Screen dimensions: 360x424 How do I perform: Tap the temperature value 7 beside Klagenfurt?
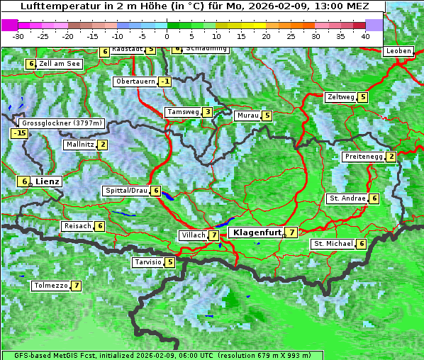coord(291,232)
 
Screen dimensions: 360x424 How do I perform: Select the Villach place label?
coord(192,235)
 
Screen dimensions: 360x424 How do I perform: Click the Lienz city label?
coord(48,181)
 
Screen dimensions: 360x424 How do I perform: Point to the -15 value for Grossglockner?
coord(18,133)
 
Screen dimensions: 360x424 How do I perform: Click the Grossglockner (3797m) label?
coord(62,123)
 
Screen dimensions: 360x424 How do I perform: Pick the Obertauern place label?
coord(135,81)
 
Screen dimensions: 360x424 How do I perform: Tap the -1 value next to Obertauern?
coord(164,81)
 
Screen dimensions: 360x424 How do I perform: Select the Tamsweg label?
coord(182,112)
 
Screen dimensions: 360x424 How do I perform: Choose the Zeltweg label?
coord(340,97)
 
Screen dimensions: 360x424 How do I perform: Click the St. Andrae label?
coord(347,198)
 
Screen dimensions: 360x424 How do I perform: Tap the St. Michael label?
coord(333,244)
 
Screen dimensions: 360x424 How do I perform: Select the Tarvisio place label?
coord(147,262)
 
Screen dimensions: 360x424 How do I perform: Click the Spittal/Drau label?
coord(126,191)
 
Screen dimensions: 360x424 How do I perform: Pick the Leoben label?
coord(398,51)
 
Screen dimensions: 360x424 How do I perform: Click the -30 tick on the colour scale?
coord(18,35)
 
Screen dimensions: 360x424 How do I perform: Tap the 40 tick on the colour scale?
coord(365,35)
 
